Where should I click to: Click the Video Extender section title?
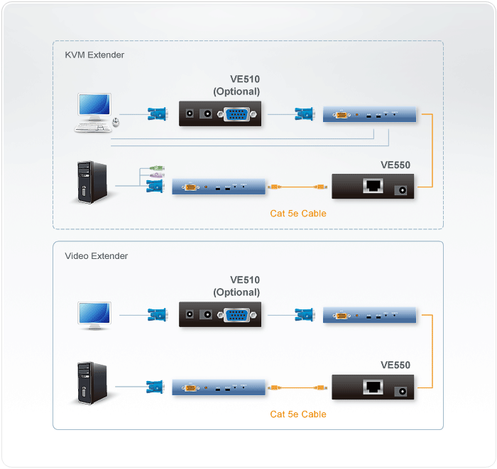(97, 256)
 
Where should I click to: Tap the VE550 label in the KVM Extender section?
(395, 165)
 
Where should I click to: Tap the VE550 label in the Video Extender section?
(395, 365)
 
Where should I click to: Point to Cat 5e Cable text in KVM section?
(298, 213)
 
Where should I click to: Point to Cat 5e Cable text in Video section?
(298, 414)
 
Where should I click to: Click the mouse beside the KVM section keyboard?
(116, 123)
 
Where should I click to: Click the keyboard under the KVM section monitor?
(92, 127)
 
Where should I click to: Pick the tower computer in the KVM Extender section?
(92, 182)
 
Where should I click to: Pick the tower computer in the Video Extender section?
(92, 383)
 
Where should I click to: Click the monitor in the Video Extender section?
(94, 315)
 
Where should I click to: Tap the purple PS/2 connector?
(156, 176)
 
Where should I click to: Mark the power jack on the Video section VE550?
(403, 389)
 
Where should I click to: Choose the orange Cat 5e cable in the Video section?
(298, 388)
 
